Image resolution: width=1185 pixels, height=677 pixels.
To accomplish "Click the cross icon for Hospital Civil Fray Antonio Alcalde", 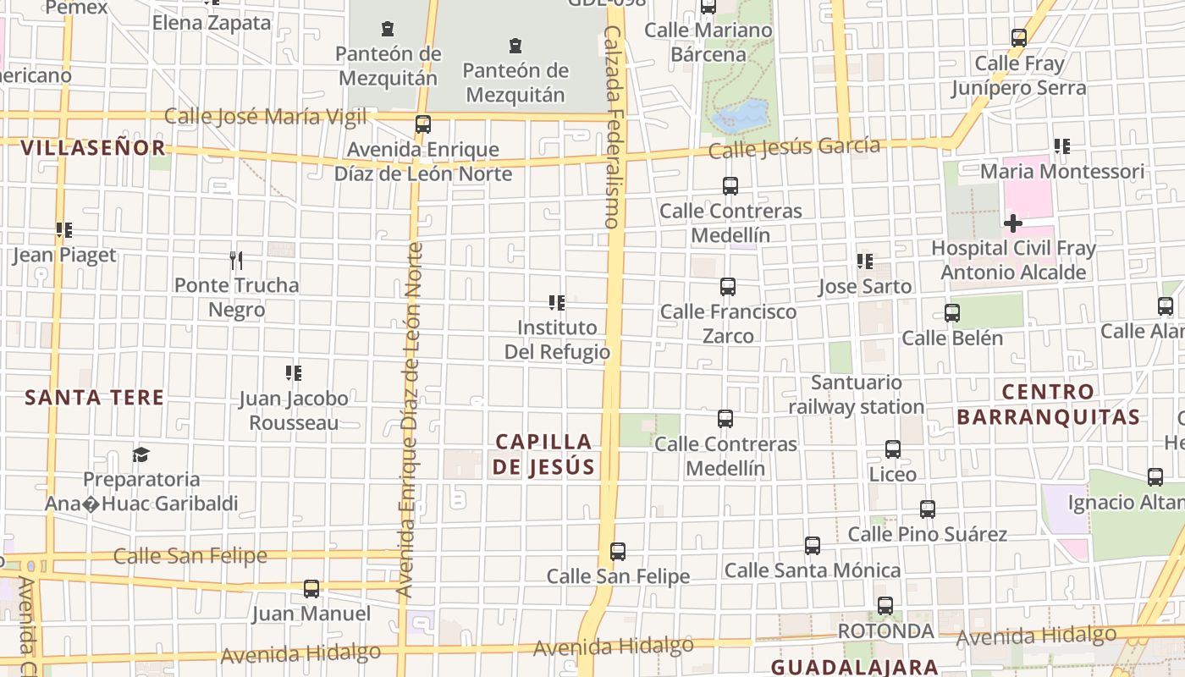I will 1012,223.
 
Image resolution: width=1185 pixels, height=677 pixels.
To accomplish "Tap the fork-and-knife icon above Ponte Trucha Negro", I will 236,260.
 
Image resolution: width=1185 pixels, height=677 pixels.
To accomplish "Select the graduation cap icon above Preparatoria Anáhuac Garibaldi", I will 141,455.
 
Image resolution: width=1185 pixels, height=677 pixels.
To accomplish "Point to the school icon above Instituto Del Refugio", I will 557,302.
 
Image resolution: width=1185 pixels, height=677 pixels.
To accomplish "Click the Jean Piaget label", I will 64,255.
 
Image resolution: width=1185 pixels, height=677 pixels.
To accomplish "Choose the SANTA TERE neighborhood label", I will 94,397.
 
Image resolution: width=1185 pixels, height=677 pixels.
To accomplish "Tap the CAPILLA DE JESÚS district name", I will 544,454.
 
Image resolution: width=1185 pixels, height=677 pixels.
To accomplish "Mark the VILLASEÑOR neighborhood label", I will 93,148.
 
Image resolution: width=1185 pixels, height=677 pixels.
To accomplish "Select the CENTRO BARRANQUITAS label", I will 1049,405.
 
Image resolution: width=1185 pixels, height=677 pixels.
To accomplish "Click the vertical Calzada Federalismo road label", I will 613,127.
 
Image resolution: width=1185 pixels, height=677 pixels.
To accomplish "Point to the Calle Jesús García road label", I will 794,148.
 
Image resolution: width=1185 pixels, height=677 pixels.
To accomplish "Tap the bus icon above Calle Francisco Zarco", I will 728,287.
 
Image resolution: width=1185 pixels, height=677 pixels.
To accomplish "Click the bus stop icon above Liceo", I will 893,449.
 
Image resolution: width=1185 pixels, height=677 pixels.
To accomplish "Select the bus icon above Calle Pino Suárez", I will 928,509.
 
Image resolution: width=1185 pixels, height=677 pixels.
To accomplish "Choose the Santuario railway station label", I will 857,394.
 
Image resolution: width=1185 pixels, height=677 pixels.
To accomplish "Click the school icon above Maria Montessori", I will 1061,146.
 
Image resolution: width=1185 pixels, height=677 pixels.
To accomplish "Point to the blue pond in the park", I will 741,116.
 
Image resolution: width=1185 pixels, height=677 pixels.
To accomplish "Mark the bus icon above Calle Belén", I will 952,313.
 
